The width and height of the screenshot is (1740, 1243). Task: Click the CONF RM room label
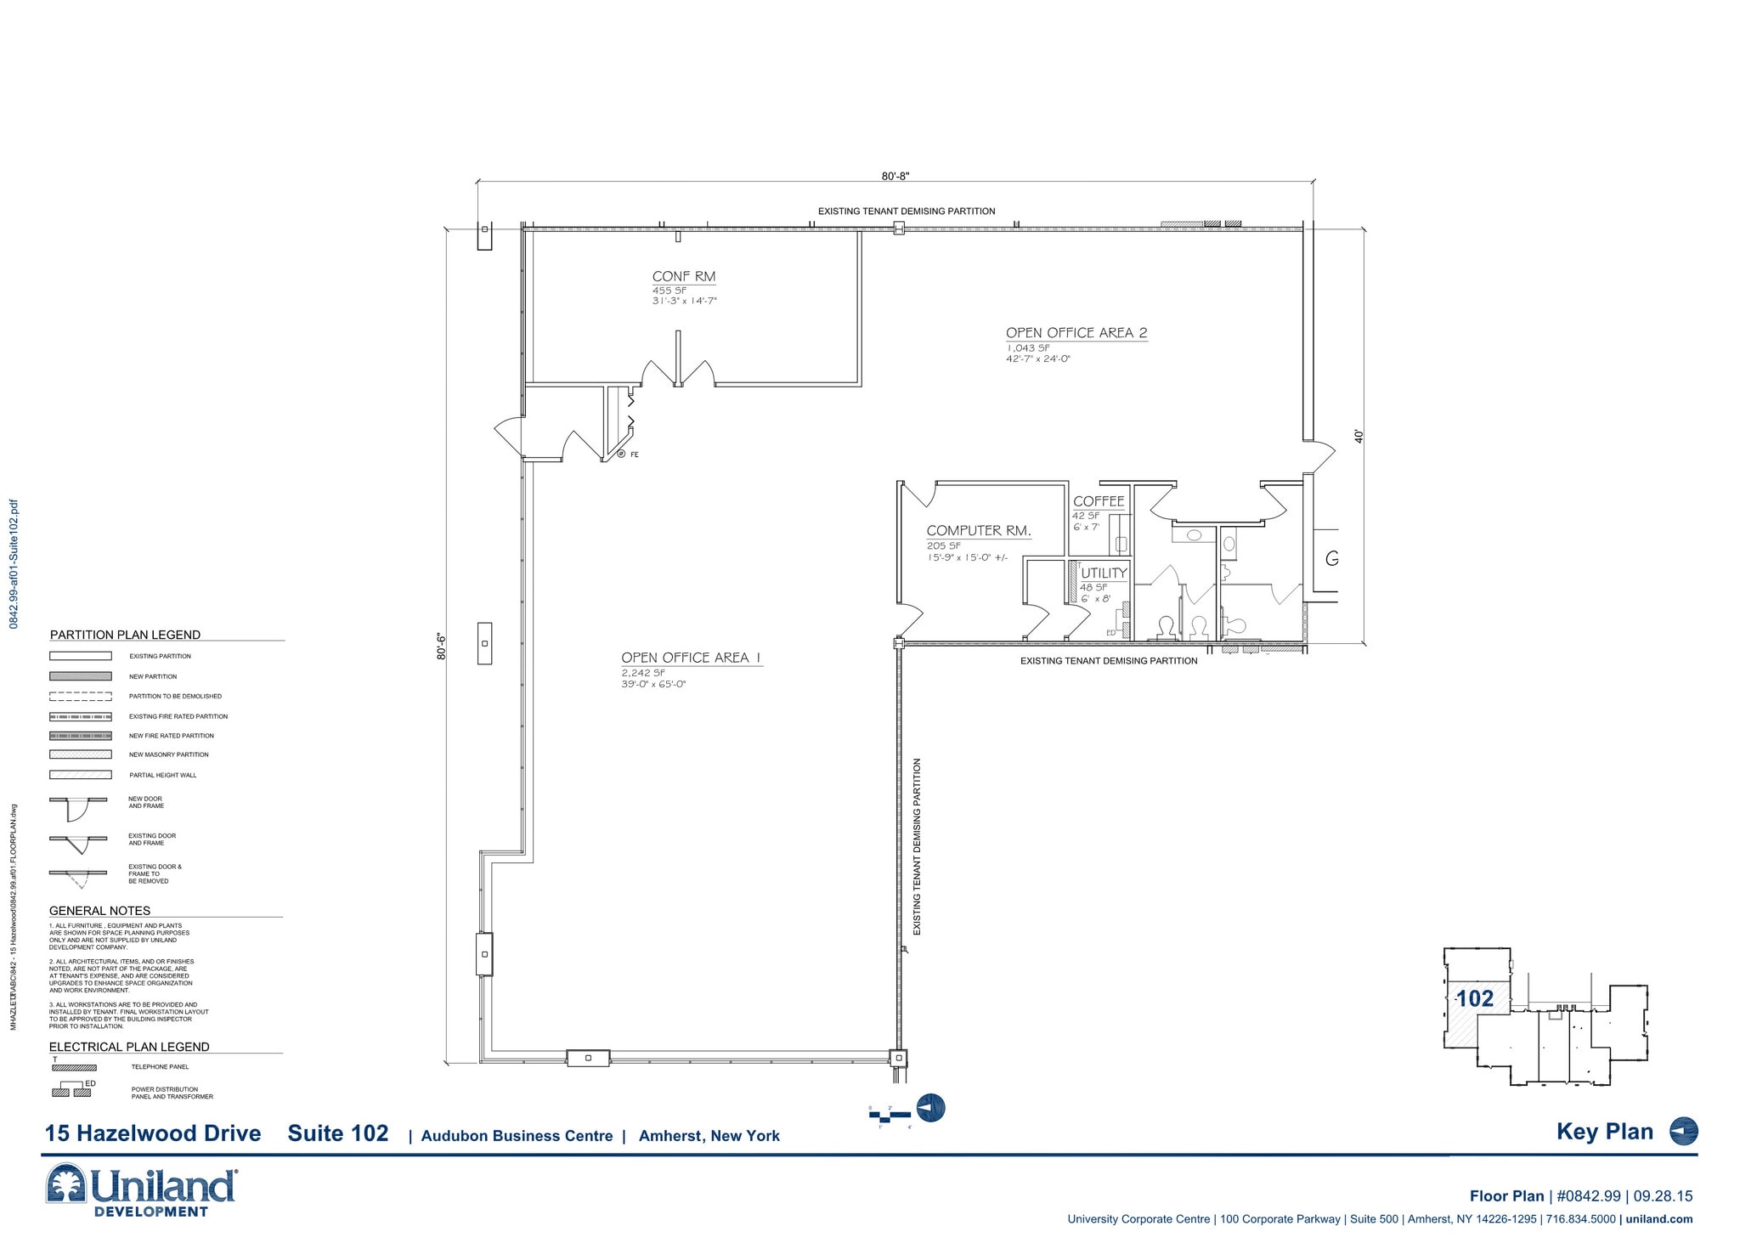coord(683,276)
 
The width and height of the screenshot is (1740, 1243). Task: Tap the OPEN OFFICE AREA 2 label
coord(1076,333)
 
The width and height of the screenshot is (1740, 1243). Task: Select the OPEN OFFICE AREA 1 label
coord(691,658)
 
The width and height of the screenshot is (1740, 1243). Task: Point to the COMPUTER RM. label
coord(978,530)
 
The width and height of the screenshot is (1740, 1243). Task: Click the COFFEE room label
coord(1098,501)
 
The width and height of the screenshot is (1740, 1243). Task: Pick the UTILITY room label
coord(1103,573)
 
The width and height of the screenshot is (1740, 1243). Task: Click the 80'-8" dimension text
coord(895,176)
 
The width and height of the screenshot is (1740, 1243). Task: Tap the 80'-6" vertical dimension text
coord(441,646)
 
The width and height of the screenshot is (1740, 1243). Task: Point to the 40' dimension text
coord(1359,436)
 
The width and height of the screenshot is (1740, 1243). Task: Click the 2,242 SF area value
coord(642,673)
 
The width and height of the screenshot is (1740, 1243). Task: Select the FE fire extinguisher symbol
coord(622,455)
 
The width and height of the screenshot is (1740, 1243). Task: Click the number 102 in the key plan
coord(1475,999)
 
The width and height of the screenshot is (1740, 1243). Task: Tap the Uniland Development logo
coord(141,1189)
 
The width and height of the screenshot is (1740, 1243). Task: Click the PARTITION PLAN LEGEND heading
coord(125,635)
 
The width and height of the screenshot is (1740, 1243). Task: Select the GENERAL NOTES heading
coord(99,911)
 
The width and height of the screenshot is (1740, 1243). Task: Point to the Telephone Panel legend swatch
coord(74,1067)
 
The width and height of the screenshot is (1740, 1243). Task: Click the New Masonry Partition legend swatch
coord(80,754)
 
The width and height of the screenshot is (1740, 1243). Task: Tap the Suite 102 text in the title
coord(337,1133)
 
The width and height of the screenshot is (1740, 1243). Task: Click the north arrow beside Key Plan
coord(1683,1132)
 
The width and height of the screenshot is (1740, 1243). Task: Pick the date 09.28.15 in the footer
coord(1662,1196)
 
